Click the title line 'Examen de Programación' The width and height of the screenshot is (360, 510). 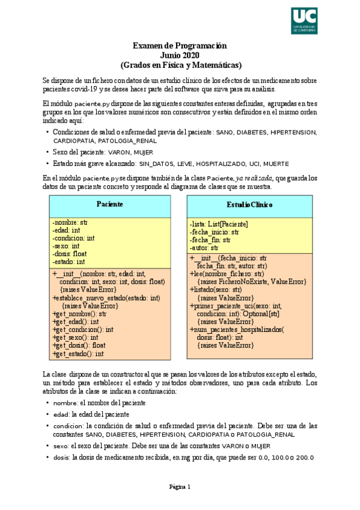point(180,45)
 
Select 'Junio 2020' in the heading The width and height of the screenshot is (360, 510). point(180,55)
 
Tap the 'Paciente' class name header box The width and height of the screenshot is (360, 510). point(110,204)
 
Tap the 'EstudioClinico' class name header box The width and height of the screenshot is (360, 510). point(249,204)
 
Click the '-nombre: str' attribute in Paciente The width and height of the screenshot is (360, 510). point(70,222)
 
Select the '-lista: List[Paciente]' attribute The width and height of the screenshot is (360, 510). point(219,224)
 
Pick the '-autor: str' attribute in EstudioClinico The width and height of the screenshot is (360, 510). point(204,248)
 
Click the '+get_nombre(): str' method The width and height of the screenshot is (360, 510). point(79,313)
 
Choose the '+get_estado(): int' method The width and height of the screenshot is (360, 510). point(78,354)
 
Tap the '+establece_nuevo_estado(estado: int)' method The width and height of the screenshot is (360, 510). point(106,297)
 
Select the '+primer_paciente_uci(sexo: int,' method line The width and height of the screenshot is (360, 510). point(236,306)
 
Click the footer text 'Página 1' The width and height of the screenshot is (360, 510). point(180,487)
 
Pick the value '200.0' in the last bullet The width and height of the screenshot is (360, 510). point(304,458)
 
